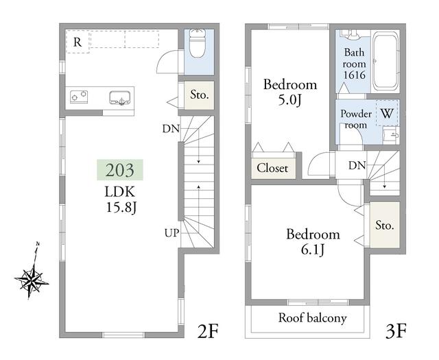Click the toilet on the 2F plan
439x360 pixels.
click(197, 43)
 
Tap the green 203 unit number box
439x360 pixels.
click(120, 169)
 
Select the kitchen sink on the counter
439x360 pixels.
click(119, 97)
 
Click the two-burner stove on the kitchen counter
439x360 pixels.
click(79, 97)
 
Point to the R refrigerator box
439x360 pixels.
click(78, 42)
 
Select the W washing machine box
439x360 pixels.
click(387, 113)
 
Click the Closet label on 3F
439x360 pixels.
click(272, 168)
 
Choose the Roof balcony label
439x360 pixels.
click(313, 318)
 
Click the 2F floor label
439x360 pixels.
click(207, 331)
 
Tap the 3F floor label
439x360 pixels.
click(396, 331)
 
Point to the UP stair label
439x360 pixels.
click(171, 233)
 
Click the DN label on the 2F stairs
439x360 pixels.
click(171, 129)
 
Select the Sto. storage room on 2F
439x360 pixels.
click(200, 95)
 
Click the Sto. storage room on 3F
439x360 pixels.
click(385, 225)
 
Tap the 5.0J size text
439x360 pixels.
click(289, 100)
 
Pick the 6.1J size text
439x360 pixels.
click(313, 250)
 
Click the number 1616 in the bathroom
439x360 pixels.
click(355, 75)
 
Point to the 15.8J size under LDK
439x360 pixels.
click(121, 208)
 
